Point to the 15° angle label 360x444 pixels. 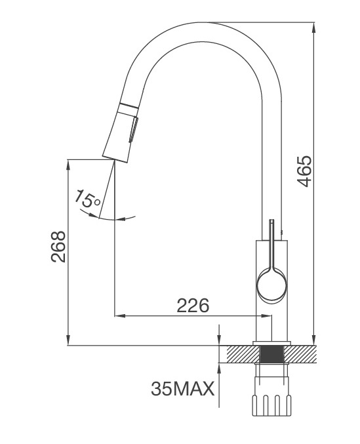click(88, 199)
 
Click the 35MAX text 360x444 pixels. click(182, 389)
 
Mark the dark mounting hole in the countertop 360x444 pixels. click(271, 354)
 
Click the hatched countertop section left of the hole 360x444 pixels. click(242, 354)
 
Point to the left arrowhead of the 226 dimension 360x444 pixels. click(119, 316)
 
